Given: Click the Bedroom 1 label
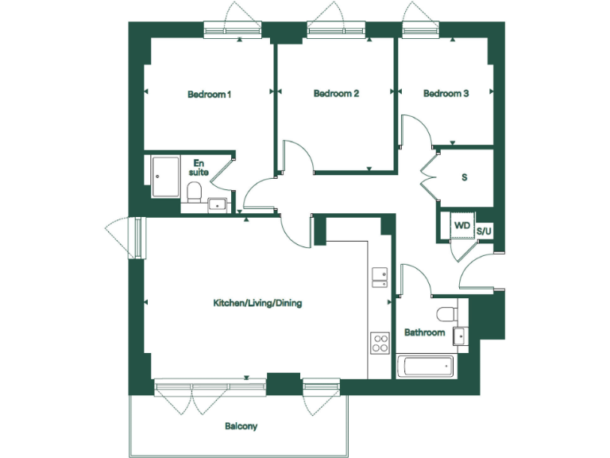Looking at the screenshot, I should click(209, 95).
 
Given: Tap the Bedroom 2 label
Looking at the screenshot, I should click(336, 94).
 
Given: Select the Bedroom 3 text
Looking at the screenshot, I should click(446, 94).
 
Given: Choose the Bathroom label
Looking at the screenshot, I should click(424, 332).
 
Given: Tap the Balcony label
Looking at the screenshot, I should click(241, 426).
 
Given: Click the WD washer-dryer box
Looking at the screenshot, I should click(461, 226).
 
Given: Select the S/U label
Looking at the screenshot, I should click(484, 230).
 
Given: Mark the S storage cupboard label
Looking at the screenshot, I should click(464, 177).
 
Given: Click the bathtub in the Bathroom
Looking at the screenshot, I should click(427, 367).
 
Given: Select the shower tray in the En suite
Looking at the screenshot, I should click(166, 177).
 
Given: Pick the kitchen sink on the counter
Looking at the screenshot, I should click(379, 275).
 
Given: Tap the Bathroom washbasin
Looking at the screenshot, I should click(460, 335).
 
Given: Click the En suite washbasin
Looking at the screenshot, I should click(216, 205).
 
